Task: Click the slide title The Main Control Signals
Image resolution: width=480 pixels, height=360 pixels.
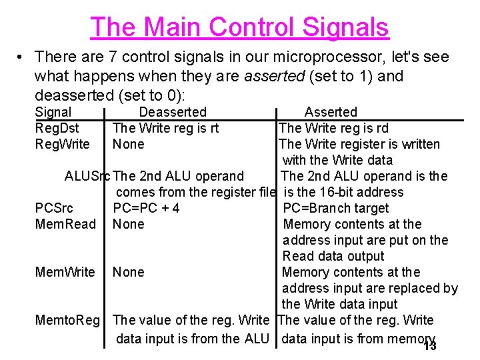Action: pyautogui.click(x=239, y=27)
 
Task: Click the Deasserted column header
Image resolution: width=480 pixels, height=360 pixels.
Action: pyautogui.click(x=173, y=112)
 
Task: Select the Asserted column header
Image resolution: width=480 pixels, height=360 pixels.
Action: pyautogui.click(x=331, y=112)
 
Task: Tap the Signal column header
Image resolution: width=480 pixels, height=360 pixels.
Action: pyautogui.click(x=53, y=112)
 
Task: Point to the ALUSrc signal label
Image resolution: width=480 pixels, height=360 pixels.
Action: pyautogui.click(x=88, y=177)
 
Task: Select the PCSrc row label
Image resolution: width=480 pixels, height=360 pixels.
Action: pyautogui.click(x=54, y=208)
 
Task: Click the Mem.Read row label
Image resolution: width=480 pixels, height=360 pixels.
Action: pyautogui.click(x=65, y=224)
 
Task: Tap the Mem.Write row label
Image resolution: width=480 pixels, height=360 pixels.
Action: pyautogui.click(x=65, y=272)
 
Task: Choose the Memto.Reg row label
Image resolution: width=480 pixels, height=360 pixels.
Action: pyautogui.click(x=69, y=320)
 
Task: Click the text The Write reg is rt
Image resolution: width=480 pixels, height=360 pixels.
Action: pyautogui.click(x=165, y=128)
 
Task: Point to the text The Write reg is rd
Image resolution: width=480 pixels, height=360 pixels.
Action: pyautogui.click(x=333, y=128)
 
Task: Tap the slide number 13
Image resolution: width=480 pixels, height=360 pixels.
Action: pyautogui.click(x=429, y=346)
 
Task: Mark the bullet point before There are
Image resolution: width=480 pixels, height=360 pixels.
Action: pyautogui.click(x=21, y=58)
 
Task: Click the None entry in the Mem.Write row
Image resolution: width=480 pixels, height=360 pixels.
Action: pyautogui.click(x=128, y=272)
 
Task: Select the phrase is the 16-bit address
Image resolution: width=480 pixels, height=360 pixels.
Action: pyautogui.click(x=343, y=192)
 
